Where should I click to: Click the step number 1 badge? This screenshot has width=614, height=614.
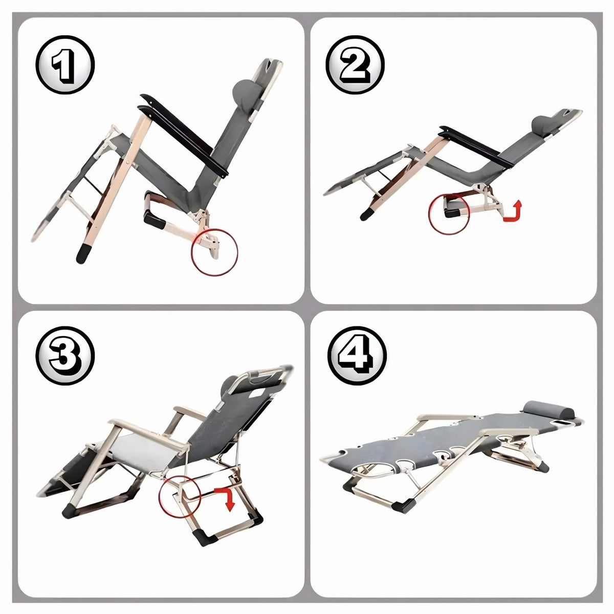(65, 64)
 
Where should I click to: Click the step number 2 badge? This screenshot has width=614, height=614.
(355, 64)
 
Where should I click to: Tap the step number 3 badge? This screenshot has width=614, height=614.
(65, 355)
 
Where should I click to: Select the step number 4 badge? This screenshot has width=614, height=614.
(357, 355)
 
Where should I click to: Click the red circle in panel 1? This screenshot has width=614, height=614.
(192, 252)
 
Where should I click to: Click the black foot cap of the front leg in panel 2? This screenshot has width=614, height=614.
(368, 214)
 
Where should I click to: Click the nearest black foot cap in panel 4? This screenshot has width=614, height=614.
(403, 506)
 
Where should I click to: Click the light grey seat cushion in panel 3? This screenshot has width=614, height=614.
(143, 452)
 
